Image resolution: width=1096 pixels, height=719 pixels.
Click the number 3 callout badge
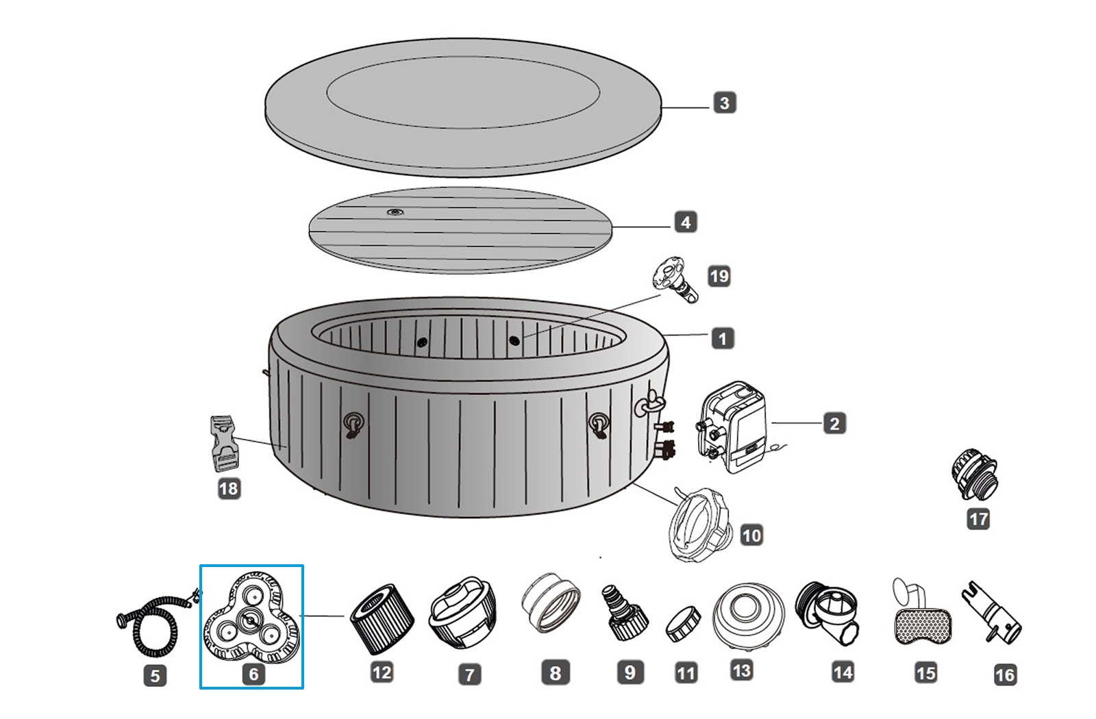coord(724,103)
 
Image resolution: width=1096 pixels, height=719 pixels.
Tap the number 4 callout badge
coord(685,222)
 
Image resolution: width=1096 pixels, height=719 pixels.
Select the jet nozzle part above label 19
coord(673,279)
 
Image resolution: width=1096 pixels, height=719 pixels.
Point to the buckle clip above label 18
coord(223,443)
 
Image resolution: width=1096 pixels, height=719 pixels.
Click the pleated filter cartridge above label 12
coord(382,618)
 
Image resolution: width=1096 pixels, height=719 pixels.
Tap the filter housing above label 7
coord(462,612)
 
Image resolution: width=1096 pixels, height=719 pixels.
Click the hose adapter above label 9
coord(623,613)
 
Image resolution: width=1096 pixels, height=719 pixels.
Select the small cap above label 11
coord(683,623)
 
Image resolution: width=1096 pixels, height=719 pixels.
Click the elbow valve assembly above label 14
coord(830,612)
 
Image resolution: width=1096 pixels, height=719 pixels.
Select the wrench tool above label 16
coord(993,612)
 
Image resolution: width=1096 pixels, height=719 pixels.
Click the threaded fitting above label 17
coord(975,474)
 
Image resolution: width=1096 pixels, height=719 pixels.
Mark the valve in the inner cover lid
coord(395,212)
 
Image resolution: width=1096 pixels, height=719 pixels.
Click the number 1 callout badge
coord(722,338)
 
